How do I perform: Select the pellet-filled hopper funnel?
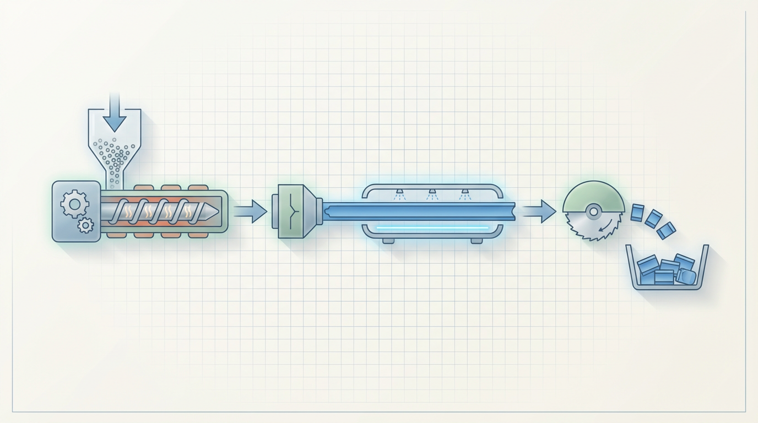click(115, 149)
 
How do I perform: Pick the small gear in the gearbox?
click(85, 225)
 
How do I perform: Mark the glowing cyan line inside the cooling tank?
click(432, 227)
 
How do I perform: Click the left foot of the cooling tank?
click(388, 241)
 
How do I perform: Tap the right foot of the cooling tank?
click(477, 241)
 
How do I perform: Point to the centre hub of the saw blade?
click(593, 211)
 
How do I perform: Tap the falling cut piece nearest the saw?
click(637, 212)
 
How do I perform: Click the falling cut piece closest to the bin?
click(667, 230)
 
